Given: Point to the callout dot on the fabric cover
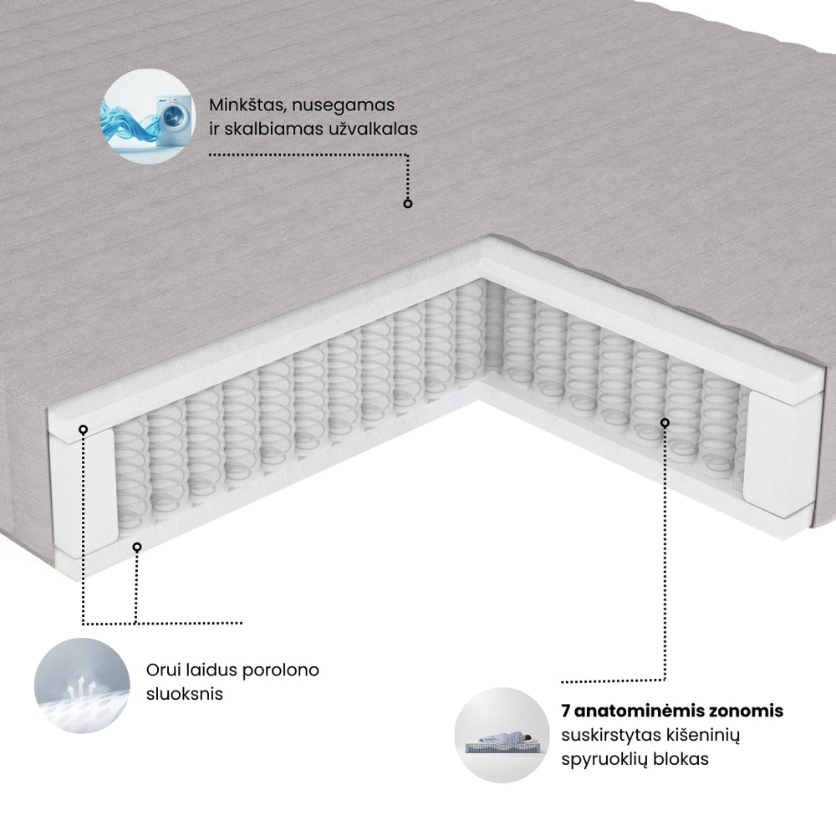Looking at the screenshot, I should coord(408,203).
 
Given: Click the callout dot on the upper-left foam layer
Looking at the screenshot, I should coord(83,429).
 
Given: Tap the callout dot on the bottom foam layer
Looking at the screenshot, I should coord(137,547).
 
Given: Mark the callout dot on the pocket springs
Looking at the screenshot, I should coord(665,422).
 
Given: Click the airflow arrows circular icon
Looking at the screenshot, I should coord(83,683).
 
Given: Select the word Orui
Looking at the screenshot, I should coord(165,670).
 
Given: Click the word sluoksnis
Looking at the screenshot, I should coord(184,694).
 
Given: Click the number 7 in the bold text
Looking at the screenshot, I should coord(566,711).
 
